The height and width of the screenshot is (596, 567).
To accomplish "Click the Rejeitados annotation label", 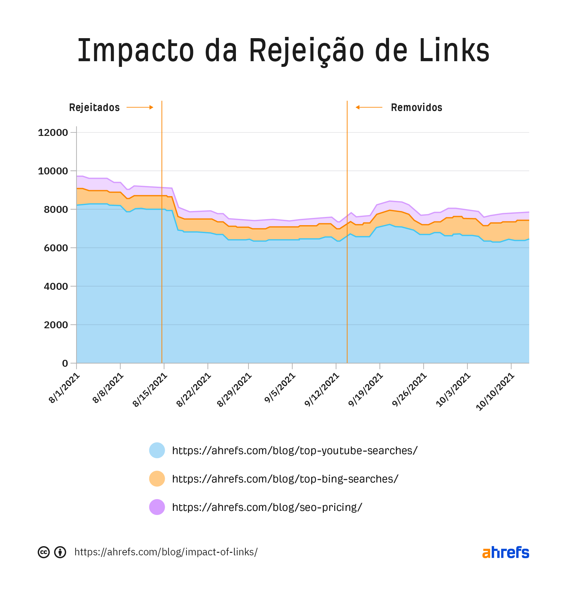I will tap(94, 108).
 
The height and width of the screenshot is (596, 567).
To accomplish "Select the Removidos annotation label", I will tap(416, 108).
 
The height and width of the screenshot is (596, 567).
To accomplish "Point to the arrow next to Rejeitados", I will tap(140, 108).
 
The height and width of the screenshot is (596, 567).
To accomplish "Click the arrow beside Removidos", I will tap(369, 108).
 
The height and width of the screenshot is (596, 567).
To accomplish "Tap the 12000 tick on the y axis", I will tap(53, 132).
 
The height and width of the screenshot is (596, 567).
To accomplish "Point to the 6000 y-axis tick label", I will tap(56, 248).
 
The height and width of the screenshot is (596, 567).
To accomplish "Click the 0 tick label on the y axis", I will tap(65, 363).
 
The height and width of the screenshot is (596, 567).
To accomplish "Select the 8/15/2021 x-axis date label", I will tap(150, 390).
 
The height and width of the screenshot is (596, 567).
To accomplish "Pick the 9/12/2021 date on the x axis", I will tap(322, 390).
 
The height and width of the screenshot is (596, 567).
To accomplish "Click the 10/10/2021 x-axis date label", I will tap(495, 392).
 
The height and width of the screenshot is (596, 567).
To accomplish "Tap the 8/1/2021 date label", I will tap(65, 388).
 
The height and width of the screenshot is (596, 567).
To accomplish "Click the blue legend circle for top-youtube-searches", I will tap(157, 450).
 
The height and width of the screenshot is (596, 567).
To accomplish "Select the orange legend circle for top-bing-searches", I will tap(157, 479).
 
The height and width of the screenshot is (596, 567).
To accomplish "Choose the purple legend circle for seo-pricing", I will tap(157, 507).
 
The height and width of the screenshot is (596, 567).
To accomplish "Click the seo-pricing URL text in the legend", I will tap(267, 507).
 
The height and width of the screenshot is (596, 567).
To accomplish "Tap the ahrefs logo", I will tap(506, 552).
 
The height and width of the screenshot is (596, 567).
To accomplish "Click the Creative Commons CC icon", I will tap(44, 552).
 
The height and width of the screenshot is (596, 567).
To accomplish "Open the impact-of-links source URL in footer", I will tap(166, 552).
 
